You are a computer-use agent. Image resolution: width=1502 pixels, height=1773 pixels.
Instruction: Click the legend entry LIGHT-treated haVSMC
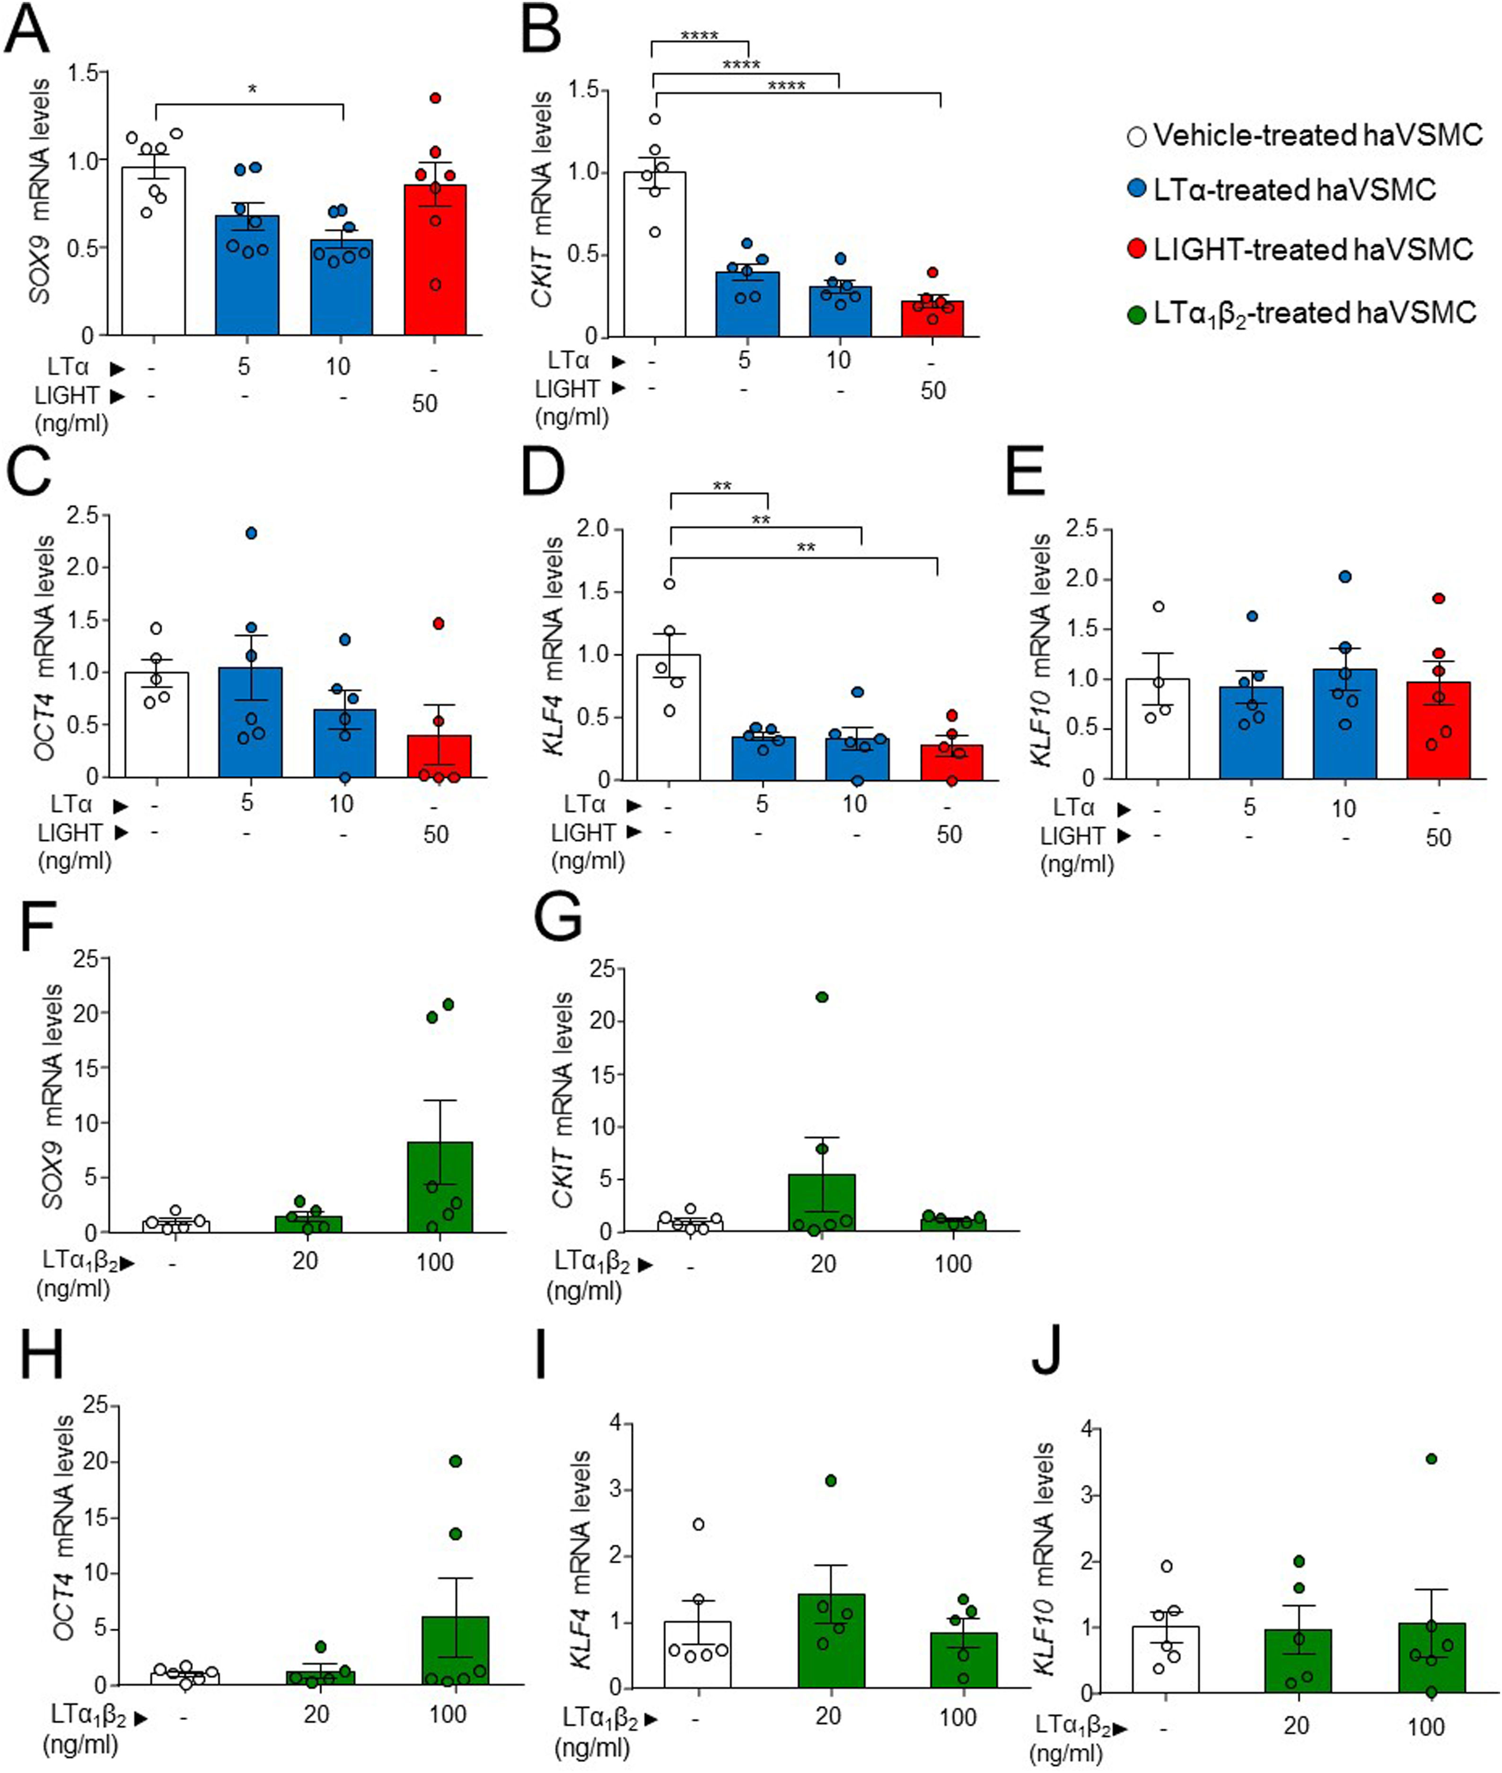(x=1303, y=249)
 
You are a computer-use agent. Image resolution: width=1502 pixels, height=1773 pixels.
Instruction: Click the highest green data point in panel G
(x=822, y=997)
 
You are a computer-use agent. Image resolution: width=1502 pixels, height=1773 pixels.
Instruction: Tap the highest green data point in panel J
(x=1432, y=1459)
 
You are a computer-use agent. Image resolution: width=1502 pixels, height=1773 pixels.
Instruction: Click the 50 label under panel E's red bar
(x=1438, y=838)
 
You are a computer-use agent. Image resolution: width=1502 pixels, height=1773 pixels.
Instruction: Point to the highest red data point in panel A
(x=435, y=99)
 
